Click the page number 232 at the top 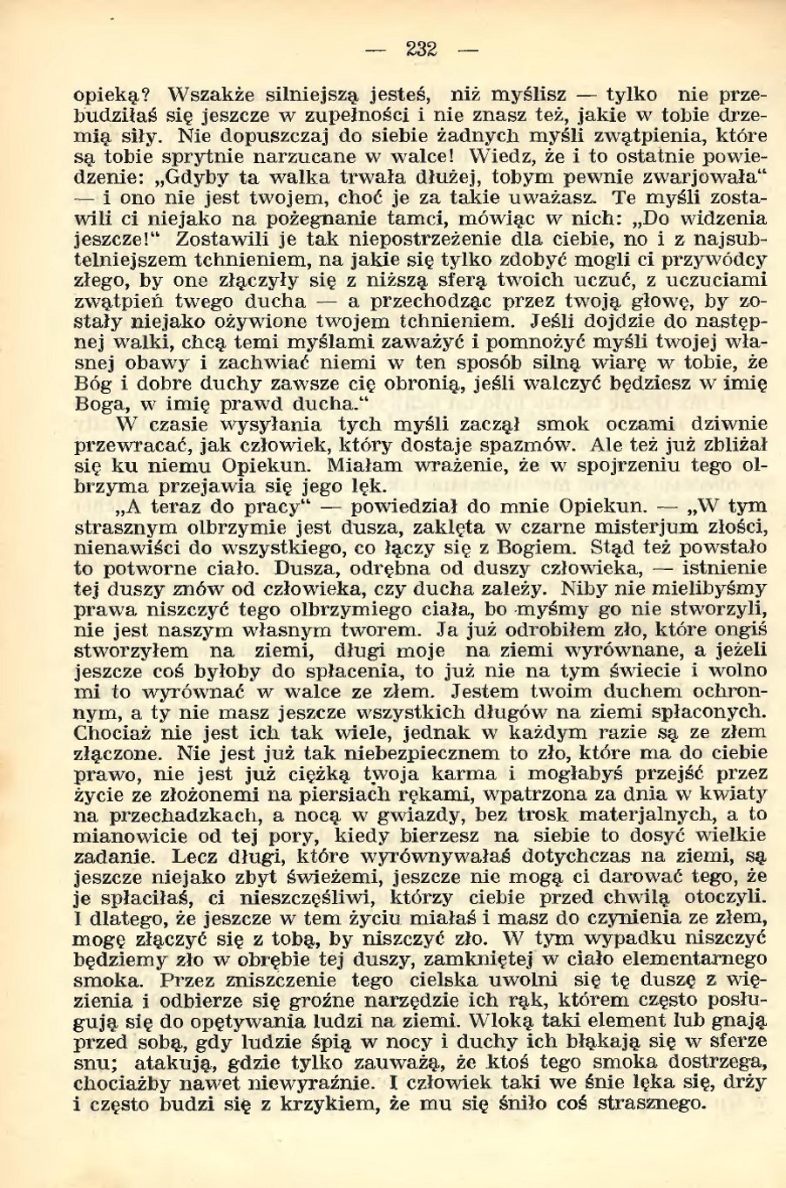pos(421,50)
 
